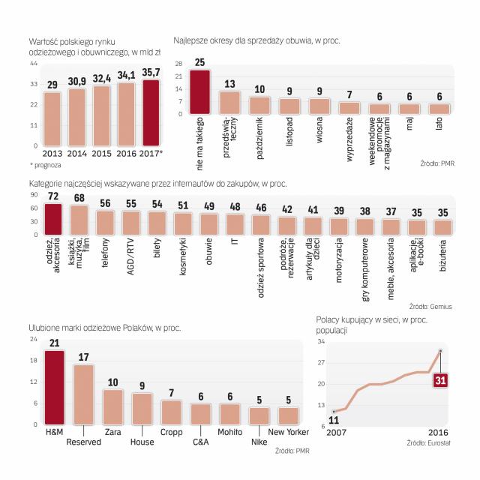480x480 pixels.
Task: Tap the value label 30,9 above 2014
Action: coord(77,81)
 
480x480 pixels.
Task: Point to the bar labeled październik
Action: coord(259,105)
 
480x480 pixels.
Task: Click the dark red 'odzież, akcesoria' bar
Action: coord(52,220)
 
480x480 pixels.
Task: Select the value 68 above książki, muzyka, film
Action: coord(79,197)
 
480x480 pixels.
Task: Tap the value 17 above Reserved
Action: coord(83,358)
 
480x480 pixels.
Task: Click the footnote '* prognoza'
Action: coord(46,163)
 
